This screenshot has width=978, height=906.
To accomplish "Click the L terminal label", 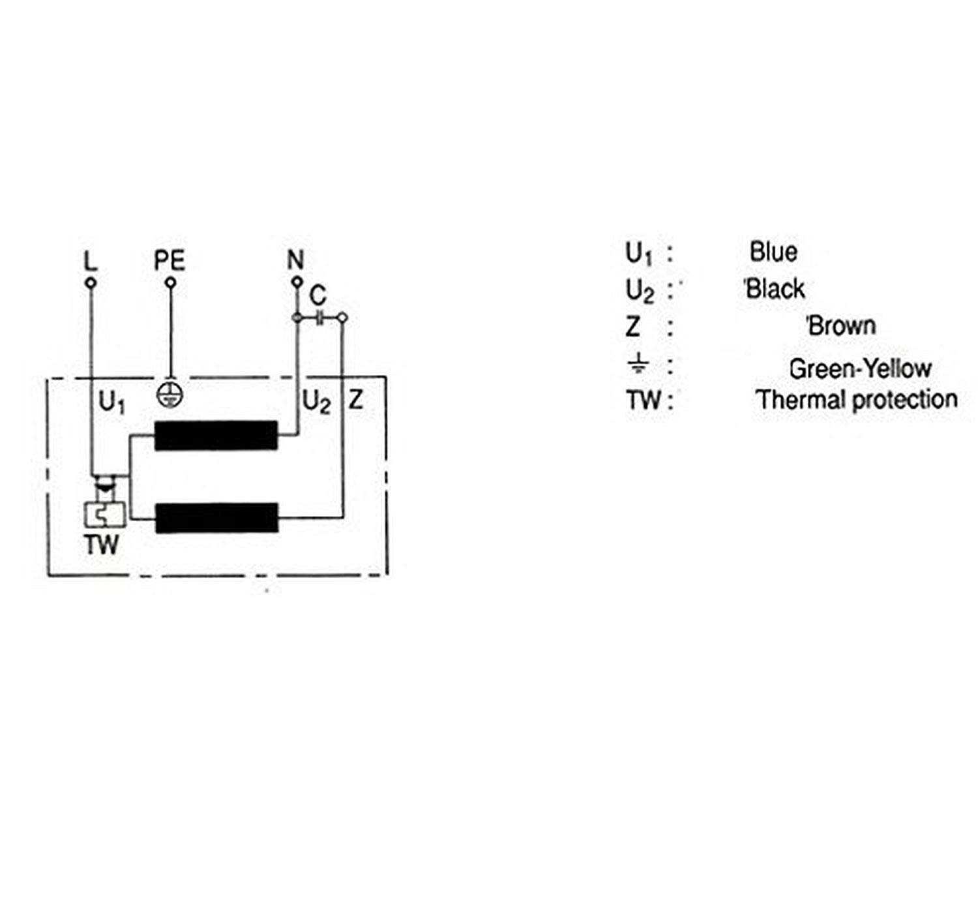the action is [x=91, y=261].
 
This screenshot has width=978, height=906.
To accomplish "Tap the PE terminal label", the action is [x=170, y=260].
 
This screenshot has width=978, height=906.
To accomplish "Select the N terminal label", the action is [x=296, y=260].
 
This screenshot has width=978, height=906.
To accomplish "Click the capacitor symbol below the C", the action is [x=319, y=318].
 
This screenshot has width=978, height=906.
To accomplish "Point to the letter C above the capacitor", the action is [x=318, y=295].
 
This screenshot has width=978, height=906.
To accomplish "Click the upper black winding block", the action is [x=216, y=436].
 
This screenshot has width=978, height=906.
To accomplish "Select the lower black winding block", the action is [x=216, y=518].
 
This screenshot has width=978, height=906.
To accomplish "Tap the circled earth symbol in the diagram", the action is [x=170, y=395].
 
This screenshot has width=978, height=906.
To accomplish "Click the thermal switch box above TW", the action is [x=104, y=515].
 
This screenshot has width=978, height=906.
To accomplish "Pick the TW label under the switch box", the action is [x=102, y=545].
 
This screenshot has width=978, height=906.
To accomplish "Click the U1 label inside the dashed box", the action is [x=111, y=402].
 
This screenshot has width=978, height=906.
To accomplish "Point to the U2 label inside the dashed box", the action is [x=316, y=402].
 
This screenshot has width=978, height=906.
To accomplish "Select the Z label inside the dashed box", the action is [x=355, y=399].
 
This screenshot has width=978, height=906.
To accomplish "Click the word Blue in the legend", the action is [x=773, y=252].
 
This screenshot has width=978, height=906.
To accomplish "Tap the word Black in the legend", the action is [x=775, y=289].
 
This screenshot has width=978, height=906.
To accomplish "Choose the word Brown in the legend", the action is [x=842, y=325].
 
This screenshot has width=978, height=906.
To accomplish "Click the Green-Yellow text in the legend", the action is [x=860, y=369].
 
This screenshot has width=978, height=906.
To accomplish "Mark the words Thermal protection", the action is [x=857, y=399].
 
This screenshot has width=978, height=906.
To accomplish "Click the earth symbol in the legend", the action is [x=638, y=363].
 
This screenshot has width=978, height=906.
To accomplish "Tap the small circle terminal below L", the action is [x=91, y=283].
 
